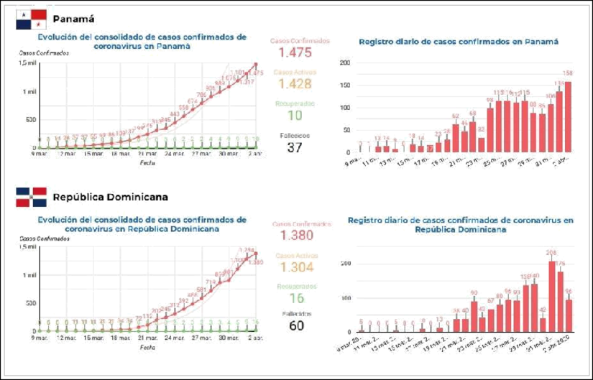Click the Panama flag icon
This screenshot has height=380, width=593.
tap(31, 19)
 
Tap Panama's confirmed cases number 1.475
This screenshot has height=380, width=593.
tap(295, 53)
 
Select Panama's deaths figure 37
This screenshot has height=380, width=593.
tap(295, 148)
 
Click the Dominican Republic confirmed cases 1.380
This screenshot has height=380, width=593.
tap(295, 235)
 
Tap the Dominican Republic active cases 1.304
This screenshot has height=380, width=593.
tap(295, 267)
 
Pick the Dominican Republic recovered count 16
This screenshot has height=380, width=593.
tap(295, 298)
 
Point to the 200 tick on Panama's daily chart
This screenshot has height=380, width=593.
tap(344, 63)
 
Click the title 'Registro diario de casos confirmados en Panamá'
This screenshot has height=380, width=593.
tap(459, 42)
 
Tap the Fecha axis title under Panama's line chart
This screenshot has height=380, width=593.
tap(147, 162)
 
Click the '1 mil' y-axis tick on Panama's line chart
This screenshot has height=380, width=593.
tap(27, 92)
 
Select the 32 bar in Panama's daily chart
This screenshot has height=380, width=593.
tap(481, 144)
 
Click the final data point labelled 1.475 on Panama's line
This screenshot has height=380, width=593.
tap(255, 65)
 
